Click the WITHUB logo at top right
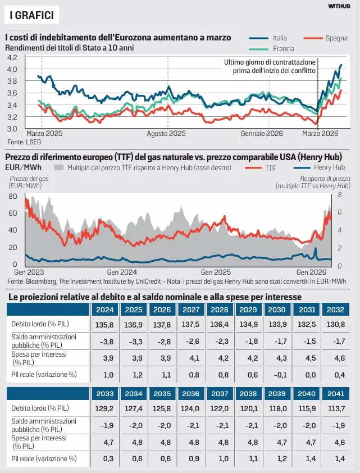click(x=339, y=6)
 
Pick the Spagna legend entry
click(x=336, y=38)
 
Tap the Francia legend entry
click(x=283, y=48)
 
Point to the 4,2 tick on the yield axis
click(x=12, y=57)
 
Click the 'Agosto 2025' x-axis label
click(x=166, y=134)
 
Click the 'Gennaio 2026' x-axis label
click(x=262, y=134)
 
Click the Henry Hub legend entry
click(x=329, y=167)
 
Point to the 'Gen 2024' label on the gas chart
click(x=119, y=271)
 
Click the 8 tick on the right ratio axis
click(x=340, y=195)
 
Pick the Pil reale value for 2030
click(x=277, y=374)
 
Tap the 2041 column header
click(x=335, y=394)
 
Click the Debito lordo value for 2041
click(x=335, y=408)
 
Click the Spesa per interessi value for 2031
click(x=306, y=357)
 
